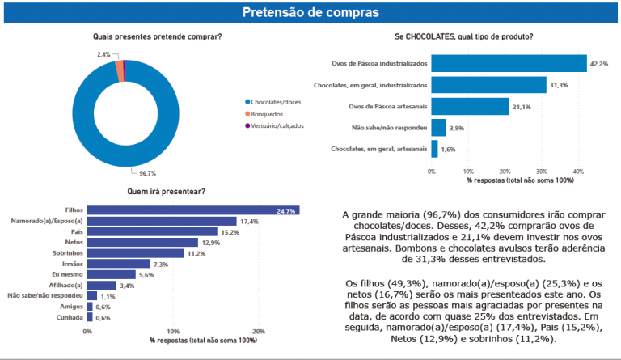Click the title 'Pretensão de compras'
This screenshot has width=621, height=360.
click(310, 12)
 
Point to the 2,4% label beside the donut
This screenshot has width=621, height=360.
click(103, 54)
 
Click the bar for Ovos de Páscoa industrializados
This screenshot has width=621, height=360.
click(509, 63)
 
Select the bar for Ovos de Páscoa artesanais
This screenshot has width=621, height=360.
click(470, 106)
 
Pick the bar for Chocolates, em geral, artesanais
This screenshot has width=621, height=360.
click(434, 149)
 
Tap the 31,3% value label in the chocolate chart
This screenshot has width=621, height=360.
click(559, 85)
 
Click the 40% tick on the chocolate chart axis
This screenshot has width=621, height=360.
click(579, 171)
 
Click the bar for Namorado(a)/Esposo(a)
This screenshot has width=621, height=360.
click(162, 221)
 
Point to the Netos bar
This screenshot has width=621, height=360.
click(142, 242)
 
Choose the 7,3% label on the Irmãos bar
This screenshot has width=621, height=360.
click(161, 264)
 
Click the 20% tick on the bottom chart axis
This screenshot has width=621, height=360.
click(259, 332)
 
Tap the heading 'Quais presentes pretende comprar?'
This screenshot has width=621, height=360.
click(158, 36)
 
